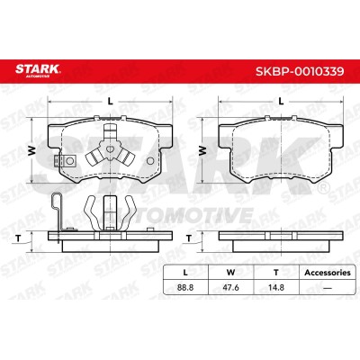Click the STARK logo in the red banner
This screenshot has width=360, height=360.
[38, 71]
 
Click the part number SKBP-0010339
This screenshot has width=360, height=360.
[300, 71]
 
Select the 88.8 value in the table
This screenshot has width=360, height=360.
[185, 287]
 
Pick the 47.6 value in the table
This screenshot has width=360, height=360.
[230, 287]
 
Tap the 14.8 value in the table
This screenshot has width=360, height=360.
[276, 287]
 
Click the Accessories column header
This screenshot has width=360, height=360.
[328, 273]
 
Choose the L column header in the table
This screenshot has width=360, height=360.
[185, 273]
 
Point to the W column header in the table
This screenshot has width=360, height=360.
[230, 273]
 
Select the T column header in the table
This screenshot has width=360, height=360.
[276, 273]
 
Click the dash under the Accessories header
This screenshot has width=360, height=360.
[328, 288]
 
